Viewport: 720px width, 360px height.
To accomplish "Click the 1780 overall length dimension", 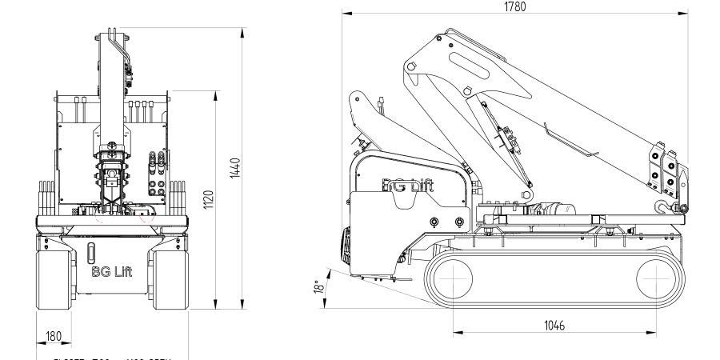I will pyautogui.click(x=515, y=7).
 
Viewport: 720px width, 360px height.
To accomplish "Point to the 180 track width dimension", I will pyautogui.click(x=53, y=336).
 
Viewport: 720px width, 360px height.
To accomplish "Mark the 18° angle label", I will pyautogui.click(x=321, y=286).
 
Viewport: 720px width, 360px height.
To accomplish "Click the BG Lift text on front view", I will pyautogui.click(x=113, y=270).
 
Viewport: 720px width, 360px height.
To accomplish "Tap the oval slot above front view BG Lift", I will pyautogui.click(x=90, y=250).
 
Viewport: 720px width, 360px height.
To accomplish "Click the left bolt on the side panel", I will pyautogui.click(x=434, y=221).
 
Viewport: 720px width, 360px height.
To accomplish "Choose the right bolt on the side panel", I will pyautogui.click(x=458, y=221).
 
